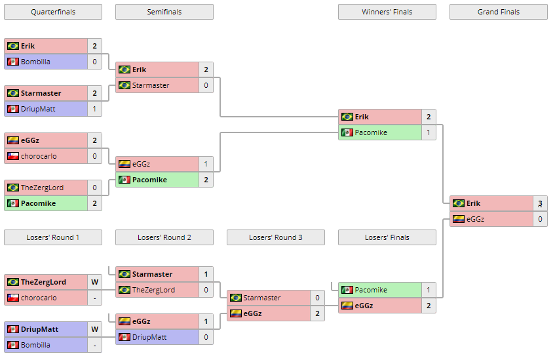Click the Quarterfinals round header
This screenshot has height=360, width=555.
(x=52, y=12)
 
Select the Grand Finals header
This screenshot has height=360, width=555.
(x=498, y=12)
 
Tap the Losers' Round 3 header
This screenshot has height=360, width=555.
(x=275, y=237)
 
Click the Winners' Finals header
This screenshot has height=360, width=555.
(x=387, y=12)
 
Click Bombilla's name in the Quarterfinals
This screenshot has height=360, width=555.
(x=35, y=62)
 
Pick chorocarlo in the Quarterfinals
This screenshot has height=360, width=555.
(x=39, y=156)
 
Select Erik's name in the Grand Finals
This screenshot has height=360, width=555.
(x=473, y=203)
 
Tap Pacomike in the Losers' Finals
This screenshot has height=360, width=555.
(x=371, y=290)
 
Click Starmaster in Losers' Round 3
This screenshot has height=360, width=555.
(x=261, y=298)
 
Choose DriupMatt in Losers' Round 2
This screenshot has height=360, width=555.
(x=149, y=337)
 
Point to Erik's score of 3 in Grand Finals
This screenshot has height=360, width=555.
(x=540, y=203)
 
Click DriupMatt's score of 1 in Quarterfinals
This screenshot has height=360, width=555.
(x=94, y=109)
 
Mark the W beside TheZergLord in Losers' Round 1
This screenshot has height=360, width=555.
(x=94, y=282)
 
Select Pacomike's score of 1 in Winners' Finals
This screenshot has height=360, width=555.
(x=429, y=132)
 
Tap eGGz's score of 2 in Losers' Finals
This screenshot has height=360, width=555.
(x=429, y=306)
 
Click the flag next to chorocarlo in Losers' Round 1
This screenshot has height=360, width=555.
(x=12, y=298)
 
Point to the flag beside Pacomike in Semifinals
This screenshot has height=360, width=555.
(x=124, y=180)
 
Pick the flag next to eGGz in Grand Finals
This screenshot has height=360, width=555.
(x=458, y=219)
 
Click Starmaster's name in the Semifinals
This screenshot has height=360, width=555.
(x=151, y=85)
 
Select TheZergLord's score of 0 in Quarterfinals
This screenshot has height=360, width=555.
(x=94, y=188)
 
